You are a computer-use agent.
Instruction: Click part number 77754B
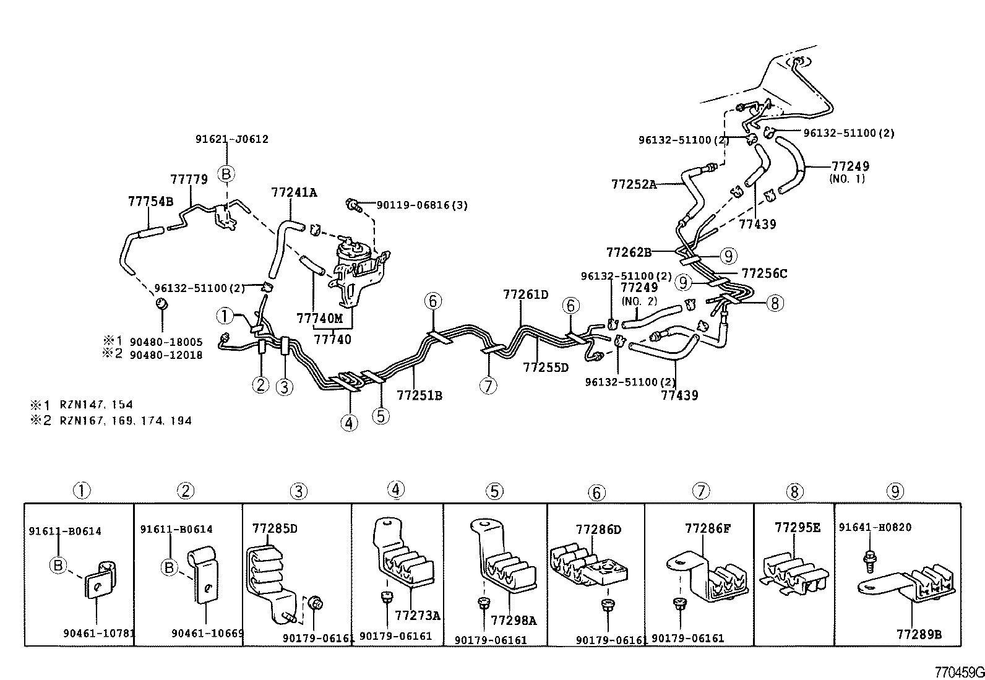(150, 202)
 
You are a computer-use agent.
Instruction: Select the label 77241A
(293, 192)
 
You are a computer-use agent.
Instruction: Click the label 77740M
(319, 319)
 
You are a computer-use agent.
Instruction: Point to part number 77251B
(419, 395)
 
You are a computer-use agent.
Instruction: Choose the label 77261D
(525, 295)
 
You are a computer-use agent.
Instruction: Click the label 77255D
(545, 368)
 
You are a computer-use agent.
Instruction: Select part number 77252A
(634, 184)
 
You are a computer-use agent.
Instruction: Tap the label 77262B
(629, 252)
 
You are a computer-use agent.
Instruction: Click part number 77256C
(764, 273)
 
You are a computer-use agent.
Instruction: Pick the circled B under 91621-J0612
(226, 174)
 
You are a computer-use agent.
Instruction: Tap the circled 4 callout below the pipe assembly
(349, 423)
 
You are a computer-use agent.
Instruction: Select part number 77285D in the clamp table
(275, 528)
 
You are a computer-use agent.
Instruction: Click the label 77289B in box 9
(919, 634)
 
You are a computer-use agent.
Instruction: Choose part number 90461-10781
(98, 633)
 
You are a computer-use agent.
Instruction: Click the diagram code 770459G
(958, 672)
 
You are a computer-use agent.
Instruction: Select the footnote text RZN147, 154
(95, 405)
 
